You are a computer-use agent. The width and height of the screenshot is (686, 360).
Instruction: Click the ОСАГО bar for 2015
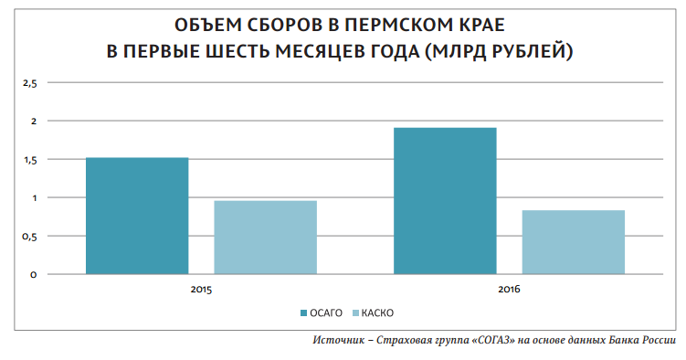tap(137, 216)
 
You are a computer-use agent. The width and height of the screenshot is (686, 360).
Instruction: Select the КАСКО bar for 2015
tap(265, 238)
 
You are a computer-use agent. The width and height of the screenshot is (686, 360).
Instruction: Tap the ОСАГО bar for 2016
tap(445, 201)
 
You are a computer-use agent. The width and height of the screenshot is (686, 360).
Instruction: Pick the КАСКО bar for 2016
tap(574, 242)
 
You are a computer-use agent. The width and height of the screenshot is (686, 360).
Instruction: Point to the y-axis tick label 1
tap(34, 197)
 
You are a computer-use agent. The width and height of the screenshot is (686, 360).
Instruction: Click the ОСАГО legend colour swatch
tap(305, 313)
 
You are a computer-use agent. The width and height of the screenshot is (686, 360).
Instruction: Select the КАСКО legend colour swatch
tap(355, 313)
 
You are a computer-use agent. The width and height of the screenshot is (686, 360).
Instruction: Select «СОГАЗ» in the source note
tap(491, 342)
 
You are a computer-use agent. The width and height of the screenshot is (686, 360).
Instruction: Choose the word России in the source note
tap(656, 342)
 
